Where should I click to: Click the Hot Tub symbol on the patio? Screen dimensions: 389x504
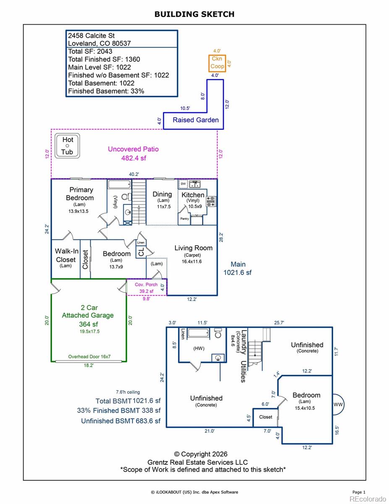[x=67, y=146]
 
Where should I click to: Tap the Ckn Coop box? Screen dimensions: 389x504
[x=217, y=63]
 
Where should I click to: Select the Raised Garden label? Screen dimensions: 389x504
[x=196, y=120]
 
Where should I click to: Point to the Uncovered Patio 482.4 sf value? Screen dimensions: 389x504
[x=134, y=158]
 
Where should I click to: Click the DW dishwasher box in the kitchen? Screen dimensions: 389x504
[x=183, y=184]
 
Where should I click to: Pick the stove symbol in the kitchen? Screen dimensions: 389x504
[x=211, y=201]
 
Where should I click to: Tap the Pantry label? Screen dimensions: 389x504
[x=185, y=218]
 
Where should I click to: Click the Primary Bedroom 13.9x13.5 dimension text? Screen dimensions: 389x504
[x=78, y=211]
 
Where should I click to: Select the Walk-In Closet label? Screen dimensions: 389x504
[x=66, y=255]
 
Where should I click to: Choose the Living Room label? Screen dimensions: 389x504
[x=193, y=248]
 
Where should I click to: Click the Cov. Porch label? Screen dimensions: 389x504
[x=146, y=285]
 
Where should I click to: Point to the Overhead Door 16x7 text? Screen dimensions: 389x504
[x=89, y=357]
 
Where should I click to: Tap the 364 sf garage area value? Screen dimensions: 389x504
[x=89, y=324]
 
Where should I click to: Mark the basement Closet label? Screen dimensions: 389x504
[x=266, y=417]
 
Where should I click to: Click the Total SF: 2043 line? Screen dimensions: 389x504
[x=90, y=51]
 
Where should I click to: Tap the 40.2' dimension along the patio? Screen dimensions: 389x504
[x=134, y=174]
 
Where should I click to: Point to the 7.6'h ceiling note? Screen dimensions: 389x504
[x=128, y=392]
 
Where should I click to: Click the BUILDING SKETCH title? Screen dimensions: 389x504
[x=194, y=14]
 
